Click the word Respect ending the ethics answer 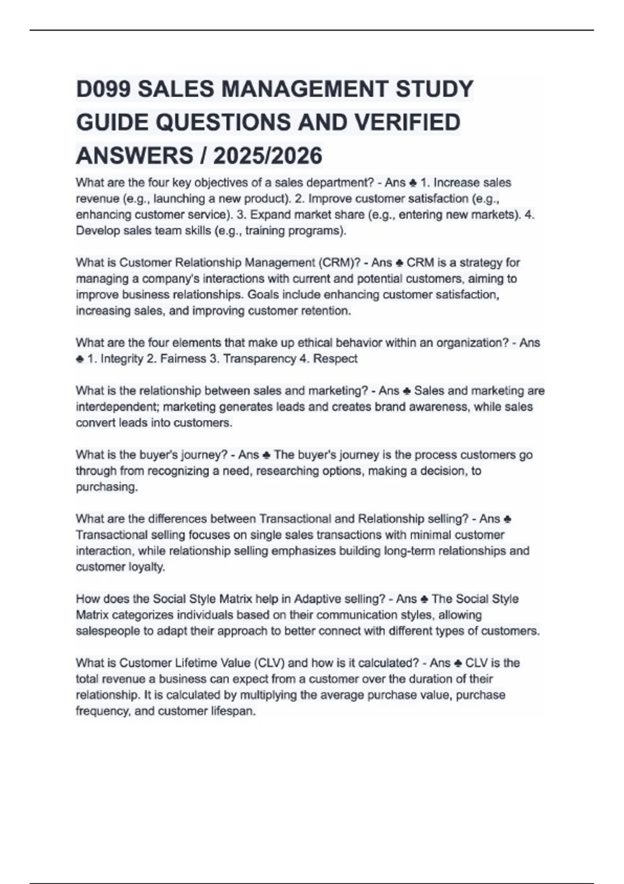pyautogui.click(x=335, y=359)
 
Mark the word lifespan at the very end pyautogui.click(x=235, y=711)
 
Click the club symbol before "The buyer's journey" pyautogui.click(x=266, y=456)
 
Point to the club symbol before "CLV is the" pyautogui.click(x=458, y=664)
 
